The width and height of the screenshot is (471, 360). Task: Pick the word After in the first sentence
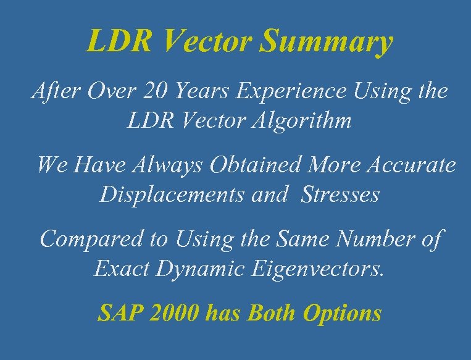pyautogui.click(x=52, y=92)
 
